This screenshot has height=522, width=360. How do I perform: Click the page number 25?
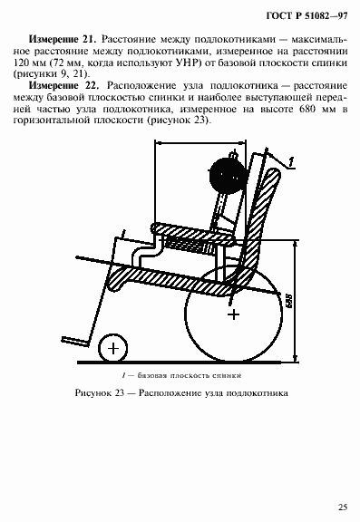coord(342,507)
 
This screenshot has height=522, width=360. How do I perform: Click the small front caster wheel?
coord(112,346)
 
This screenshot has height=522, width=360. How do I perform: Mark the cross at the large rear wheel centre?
coord(235,314)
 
